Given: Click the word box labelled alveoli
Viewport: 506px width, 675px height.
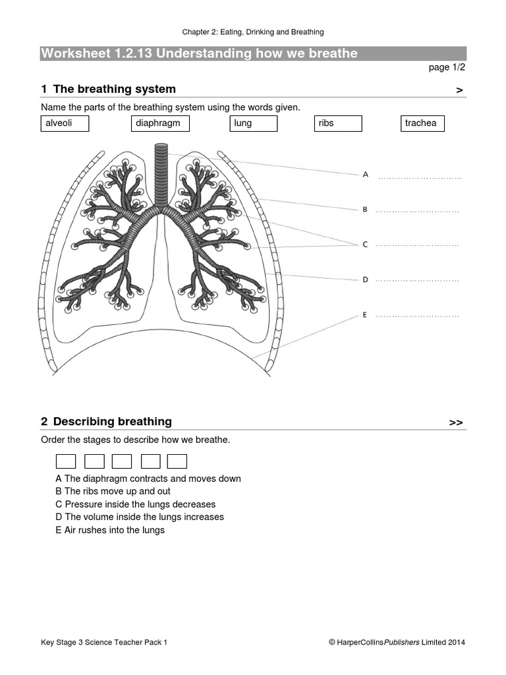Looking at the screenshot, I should coord(65,123).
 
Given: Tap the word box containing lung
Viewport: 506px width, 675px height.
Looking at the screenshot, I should coord(254,123).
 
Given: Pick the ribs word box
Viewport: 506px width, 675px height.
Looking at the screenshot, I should coord(338,123).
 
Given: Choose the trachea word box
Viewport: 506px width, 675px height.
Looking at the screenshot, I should coord(422,123).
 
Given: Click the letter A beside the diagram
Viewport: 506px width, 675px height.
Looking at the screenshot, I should coord(365,175).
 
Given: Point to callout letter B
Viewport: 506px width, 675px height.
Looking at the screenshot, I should coord(365,210).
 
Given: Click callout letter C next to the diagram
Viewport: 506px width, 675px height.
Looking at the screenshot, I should coord(365,245).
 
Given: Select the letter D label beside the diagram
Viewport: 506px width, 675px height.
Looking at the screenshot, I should coord(365,279).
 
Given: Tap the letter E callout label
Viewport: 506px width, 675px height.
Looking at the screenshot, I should coord(365,315).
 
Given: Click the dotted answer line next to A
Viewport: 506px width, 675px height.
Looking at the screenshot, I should coord(420,177).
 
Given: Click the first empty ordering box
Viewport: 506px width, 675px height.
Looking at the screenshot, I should coord(66,461).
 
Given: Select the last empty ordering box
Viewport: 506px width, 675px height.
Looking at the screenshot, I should coord(177,461).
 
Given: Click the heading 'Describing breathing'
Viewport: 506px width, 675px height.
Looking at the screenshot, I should coord(112,421).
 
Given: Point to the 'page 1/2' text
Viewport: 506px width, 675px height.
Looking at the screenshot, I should coord(447,67).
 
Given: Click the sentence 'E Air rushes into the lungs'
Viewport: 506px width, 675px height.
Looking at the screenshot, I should coord(110,530).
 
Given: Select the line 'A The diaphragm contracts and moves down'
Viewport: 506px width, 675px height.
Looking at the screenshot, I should coord(148,479).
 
